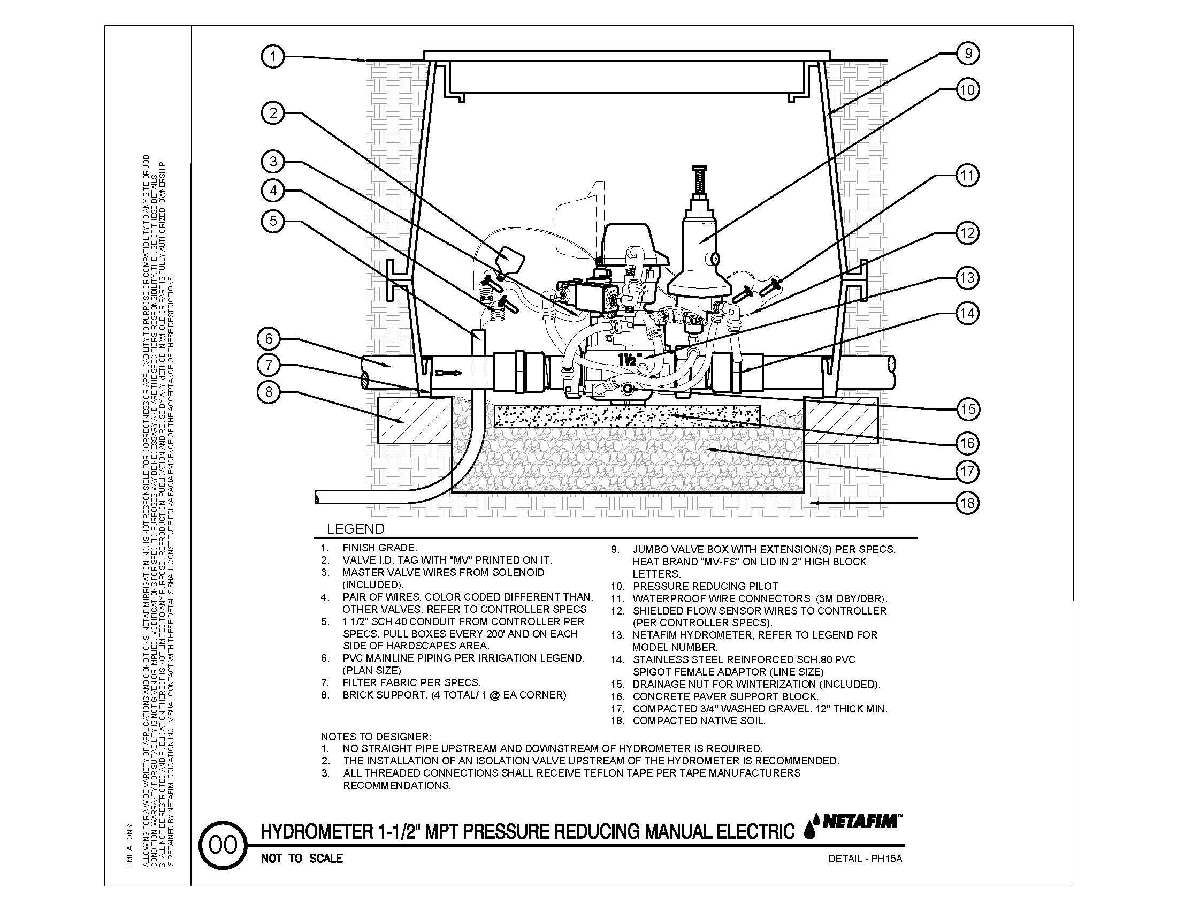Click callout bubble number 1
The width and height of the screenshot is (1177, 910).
tap(273, 57)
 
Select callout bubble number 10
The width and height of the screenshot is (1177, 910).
tap(967, 89)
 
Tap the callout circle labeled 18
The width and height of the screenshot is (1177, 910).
tap(967, 503)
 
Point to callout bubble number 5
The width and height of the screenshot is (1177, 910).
tap(273, 221)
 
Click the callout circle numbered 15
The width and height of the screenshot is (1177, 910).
tap(967, 409)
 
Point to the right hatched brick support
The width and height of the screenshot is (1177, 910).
tap(840, 421)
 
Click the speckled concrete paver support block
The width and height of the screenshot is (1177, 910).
tap(627, 415)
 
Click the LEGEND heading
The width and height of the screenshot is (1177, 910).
tap(356, 529)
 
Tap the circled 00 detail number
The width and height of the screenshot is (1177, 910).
tap(223, 845)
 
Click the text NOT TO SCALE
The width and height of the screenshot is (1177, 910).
tap(302, 858)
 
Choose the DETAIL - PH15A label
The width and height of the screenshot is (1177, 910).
tap(865, 859)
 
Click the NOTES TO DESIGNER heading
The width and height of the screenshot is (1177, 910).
tap(376, 737)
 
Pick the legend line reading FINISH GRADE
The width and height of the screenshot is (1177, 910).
tap(379, 548)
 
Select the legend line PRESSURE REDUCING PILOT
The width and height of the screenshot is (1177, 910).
tap(705, 586)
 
